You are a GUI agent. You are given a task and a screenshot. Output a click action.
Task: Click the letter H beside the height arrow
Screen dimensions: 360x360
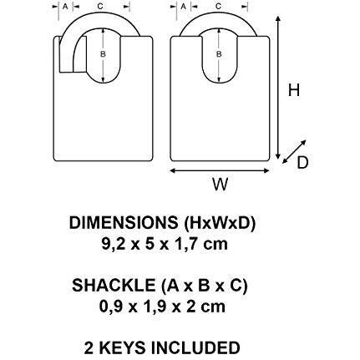pos(294,90)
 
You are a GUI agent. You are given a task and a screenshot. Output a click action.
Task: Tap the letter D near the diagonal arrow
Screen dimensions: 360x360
pos(302,163)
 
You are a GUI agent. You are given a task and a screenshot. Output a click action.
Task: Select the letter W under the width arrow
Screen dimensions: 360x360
pos(221,184)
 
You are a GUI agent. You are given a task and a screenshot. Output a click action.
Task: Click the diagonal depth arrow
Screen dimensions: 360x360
pos(294,152)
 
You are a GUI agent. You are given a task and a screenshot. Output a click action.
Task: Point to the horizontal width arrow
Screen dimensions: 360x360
pos(220,170)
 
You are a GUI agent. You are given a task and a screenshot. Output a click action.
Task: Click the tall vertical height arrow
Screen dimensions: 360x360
pos(277,88)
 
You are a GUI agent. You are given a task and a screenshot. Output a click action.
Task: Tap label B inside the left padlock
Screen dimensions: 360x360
pos(103,54)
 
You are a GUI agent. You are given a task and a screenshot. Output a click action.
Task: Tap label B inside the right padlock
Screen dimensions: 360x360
pos(219,54)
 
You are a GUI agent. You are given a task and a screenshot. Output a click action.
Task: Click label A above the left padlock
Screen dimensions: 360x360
pos(65,7)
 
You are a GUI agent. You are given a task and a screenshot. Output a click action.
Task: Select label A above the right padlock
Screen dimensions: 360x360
pos(183,7)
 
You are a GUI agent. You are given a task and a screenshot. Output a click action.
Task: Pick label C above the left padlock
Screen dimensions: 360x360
pos(100,7)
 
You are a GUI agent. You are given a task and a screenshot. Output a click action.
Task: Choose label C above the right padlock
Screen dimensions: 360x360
pos(219,7)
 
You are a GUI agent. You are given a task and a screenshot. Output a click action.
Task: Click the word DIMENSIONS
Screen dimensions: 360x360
pos(124,223)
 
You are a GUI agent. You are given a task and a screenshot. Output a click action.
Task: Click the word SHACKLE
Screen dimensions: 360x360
pos(114,286)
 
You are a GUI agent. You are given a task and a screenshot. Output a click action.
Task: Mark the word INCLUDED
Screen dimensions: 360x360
pos(195,348)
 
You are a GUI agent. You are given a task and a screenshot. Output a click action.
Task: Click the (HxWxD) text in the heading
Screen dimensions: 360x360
pos(220,223)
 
